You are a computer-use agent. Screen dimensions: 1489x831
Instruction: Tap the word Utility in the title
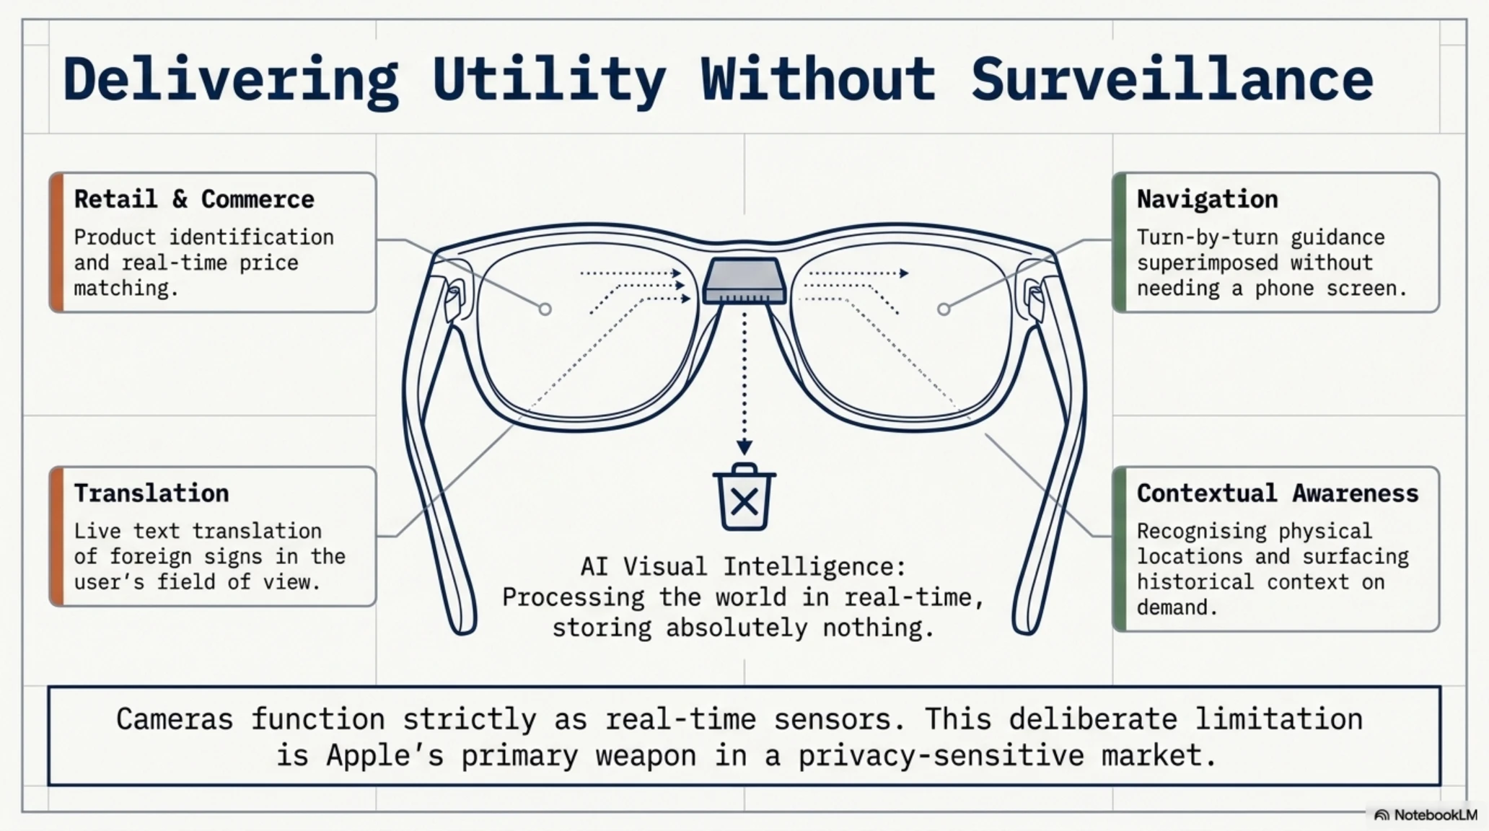[548, 81]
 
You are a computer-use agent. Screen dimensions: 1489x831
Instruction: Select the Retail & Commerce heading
[194, 199]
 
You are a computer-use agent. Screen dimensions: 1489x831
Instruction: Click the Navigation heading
[1207, 199]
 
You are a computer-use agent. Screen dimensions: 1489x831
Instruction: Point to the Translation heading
[151, 493]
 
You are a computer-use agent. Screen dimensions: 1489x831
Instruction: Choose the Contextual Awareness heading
[1278, 493]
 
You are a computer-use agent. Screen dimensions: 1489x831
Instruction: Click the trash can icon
[744, 497]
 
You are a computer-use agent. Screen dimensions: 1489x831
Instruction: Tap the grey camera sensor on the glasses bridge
[744, 281]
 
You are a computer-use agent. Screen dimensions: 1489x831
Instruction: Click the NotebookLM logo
[1426, 815]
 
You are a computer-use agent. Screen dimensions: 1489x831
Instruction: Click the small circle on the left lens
[545, 309]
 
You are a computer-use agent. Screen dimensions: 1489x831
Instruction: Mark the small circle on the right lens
[944, 309]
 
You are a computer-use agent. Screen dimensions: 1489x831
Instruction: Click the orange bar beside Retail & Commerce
[56, 242]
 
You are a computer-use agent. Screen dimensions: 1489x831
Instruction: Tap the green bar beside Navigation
[1119, 242]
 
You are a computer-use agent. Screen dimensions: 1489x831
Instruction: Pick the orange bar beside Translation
[56, 537]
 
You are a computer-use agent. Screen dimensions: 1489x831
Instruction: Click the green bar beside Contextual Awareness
[1119, 549]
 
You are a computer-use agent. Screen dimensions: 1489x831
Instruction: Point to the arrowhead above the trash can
[744, 447]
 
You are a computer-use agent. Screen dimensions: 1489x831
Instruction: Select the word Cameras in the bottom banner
[175, 720]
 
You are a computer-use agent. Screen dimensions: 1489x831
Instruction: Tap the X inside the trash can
[744, 501]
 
